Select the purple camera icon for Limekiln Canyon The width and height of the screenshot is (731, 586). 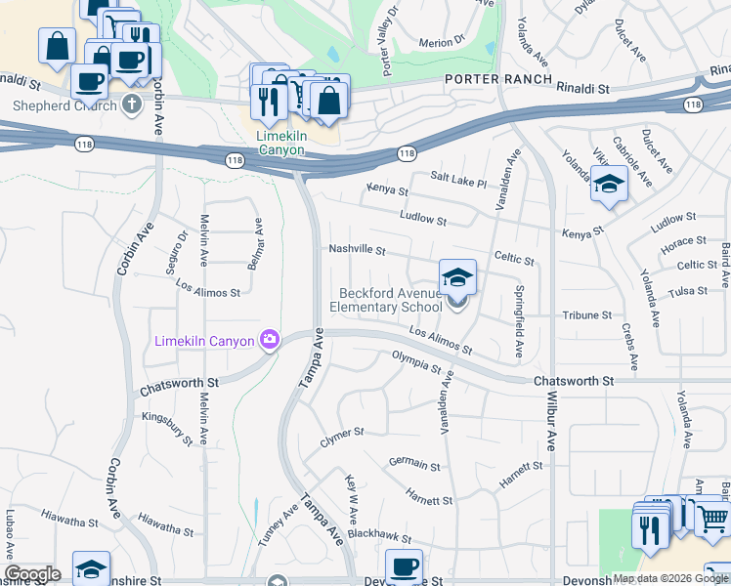click(x=269, y=340)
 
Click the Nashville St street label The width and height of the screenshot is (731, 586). click(x=358, y=250)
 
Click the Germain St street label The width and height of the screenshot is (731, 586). click(x=414, y=463)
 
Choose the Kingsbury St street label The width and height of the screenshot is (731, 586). click(x=167, y=430)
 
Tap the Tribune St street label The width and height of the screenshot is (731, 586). click(x=586, y=315)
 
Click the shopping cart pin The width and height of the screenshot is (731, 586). click(x=712, y=522)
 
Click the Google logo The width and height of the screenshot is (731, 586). click(x=32, y=574)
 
